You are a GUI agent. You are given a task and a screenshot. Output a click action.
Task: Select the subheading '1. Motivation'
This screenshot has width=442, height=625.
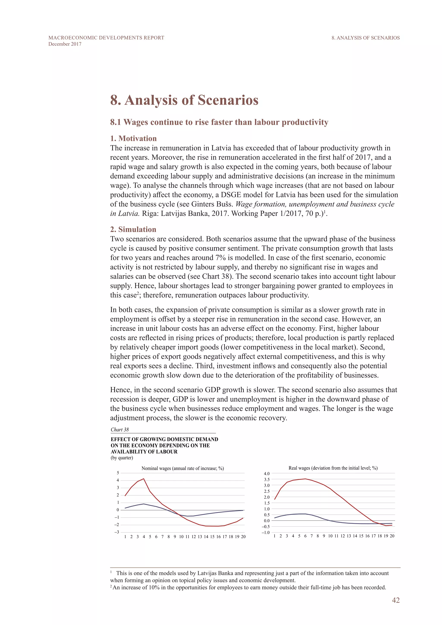click(133, 138)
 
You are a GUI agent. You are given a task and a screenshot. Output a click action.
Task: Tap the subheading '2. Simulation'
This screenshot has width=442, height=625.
click(133, 229)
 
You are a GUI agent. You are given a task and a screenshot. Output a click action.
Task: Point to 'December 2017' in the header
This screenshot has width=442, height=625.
click(65, 44)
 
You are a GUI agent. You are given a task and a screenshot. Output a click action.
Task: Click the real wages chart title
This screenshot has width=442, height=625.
click(333, 468)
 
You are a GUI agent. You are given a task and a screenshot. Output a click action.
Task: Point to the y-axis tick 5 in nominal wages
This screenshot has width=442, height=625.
click(118, 473)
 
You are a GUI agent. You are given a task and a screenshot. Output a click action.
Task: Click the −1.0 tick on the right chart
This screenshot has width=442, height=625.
click(266, 532)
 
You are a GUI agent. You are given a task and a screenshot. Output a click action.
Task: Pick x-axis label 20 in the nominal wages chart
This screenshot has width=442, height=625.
click(243, 537)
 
